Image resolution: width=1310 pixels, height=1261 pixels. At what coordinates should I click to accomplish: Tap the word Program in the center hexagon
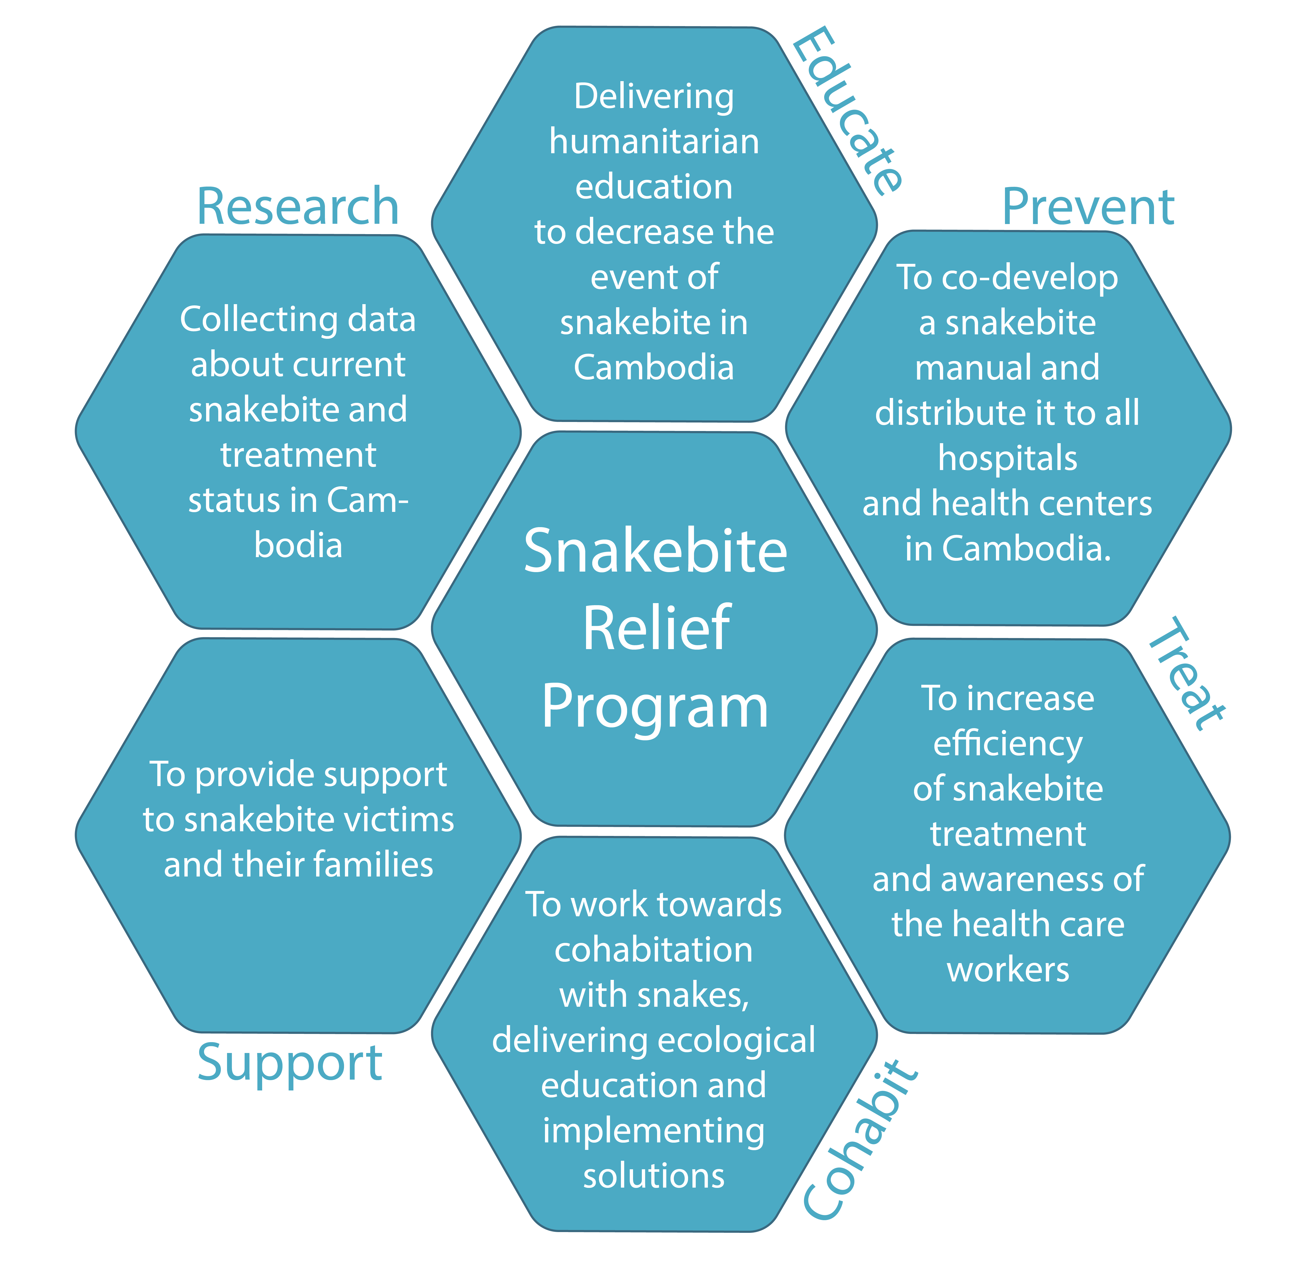pyautogui.click(x=655, y=707)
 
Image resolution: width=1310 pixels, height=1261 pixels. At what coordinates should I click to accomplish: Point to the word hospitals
pyautogui.click(x=1007, y=458)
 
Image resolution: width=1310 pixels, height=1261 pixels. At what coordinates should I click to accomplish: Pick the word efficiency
pyautogui.click(x=1007, y=743)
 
